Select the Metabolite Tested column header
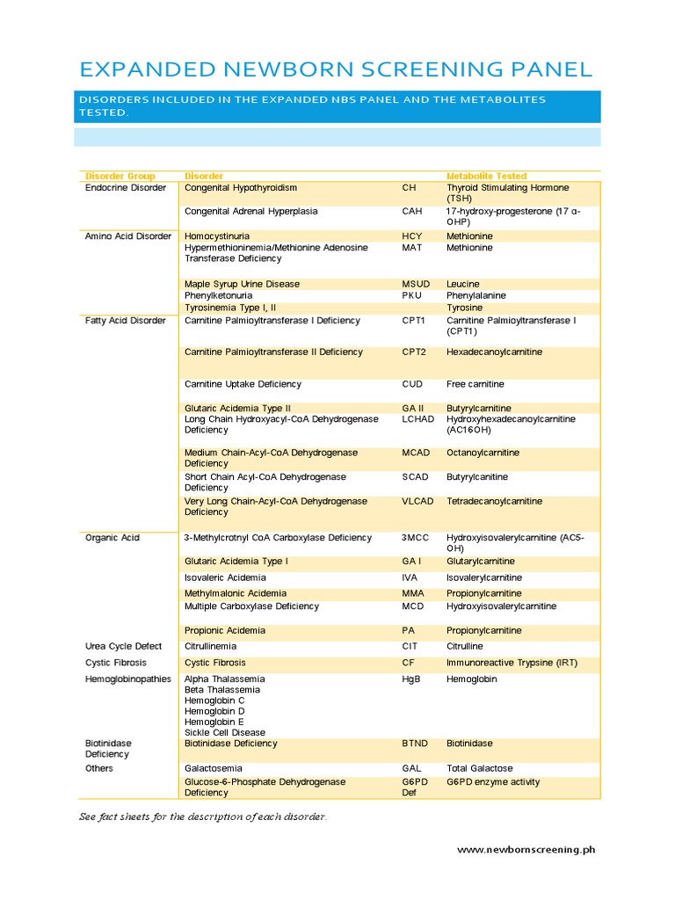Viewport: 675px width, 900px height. click(x=486, y=176)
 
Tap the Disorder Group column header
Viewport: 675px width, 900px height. click(x=120, y=176)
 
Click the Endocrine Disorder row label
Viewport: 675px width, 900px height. click(x=125, y=188)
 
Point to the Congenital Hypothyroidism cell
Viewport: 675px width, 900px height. click(x=240, y=188)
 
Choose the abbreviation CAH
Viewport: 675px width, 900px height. click(x=412, y=212)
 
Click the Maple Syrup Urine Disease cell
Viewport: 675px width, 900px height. click(x=242, y=284)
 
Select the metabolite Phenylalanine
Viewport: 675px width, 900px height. click(x=475, y=296)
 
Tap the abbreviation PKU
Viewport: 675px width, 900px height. click(x=411, y=296)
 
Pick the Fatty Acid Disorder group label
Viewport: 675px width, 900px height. click(x=125, y=321)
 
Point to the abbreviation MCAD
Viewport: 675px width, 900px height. click(x=417, y=453)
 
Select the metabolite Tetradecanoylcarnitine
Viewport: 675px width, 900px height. click(x=494, y=501)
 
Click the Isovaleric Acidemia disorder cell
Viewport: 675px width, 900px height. click(x=226, y=577)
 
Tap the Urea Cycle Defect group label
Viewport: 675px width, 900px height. click(x=123, y=646)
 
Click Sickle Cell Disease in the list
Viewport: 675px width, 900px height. click(x=224, y=732)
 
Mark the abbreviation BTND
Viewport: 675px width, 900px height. click(x=415, y=744)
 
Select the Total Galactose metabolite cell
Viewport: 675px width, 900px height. click(x=479, y=768)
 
